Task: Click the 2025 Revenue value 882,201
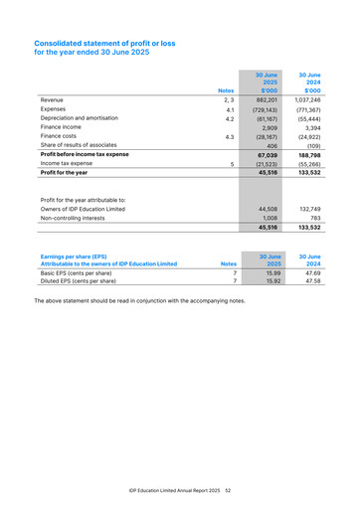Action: tap(265, 100)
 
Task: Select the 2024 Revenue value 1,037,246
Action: tap(305, 100)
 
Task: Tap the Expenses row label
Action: tap(54, 109)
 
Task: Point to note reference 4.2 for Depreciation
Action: tap(229, 118)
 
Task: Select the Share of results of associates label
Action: tap(79, 146)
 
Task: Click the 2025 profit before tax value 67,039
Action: tap(267, 155)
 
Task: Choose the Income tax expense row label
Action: tap(65, 164)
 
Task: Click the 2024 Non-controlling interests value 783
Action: tap(313, 219)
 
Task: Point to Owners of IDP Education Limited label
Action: tap(83, 210)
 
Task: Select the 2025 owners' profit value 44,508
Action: tap(267, 210)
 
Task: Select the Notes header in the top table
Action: tap(226, 91)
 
